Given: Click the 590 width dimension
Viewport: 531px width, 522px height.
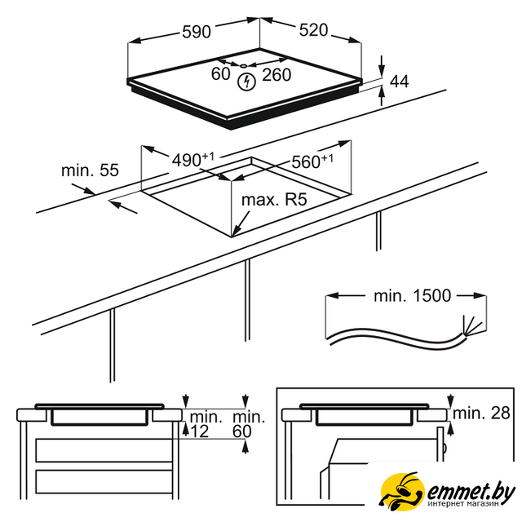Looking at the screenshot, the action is coord(197,32).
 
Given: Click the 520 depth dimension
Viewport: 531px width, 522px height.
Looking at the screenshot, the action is coord(313,30).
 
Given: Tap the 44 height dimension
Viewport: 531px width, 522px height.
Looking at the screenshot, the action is coord(400,82).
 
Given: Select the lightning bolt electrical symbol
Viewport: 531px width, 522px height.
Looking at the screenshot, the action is coord(246,82).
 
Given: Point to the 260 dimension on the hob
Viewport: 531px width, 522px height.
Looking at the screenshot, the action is coord(277,75).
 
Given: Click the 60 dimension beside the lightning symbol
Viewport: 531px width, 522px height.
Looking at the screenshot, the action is coord(221,74).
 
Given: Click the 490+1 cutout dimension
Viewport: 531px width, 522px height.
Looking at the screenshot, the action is coord(193,160).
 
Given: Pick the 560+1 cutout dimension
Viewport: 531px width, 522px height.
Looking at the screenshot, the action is coord(312,161).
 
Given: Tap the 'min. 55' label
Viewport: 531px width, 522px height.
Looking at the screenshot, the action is coord(90,170).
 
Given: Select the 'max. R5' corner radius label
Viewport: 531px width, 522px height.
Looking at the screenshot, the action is coord(274,200).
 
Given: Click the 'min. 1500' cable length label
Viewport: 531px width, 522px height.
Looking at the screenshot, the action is coord(413,295).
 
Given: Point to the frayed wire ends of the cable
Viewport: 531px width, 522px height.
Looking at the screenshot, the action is coord(471,325).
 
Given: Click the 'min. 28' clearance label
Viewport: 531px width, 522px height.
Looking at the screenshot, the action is coord(481,413).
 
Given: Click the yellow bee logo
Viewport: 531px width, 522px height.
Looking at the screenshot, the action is coord(402,490).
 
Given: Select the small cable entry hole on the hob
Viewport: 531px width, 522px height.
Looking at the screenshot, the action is coord(244,66).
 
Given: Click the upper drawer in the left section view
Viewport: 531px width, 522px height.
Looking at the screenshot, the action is coord(104,450).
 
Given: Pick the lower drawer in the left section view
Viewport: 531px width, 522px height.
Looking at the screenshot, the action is coord(104,481).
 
